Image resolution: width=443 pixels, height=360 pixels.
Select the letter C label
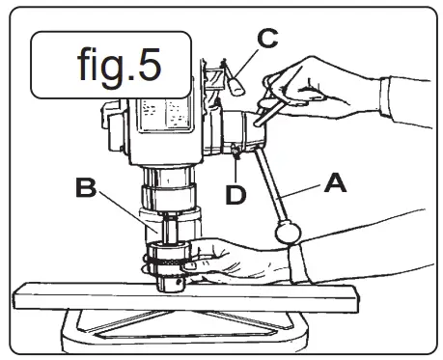266,40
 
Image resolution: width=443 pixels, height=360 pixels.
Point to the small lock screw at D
235,149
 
